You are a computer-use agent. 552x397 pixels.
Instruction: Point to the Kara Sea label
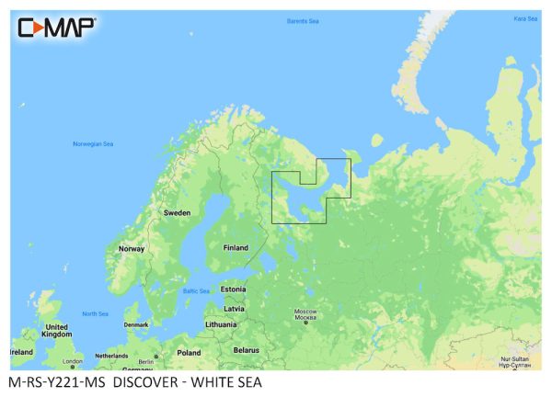(x=525, y=18)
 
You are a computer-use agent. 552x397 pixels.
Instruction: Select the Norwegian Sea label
(x=92, y=144)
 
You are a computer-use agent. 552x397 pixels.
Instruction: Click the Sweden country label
(x=177, y=212)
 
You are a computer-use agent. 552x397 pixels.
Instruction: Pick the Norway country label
(x=132, y=248)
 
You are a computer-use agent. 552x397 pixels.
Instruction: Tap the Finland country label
(x=236, y=247)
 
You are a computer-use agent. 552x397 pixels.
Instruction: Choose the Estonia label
(x=234, y=289)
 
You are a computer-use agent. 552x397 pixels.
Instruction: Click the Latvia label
(x=234, y=308)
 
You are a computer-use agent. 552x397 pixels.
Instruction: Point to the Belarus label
(x=246, y=350)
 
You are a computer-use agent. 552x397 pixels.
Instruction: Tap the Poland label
(x=189, y=352)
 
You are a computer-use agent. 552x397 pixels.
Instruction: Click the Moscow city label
(x=305, y=313)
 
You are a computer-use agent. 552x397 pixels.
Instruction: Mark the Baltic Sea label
(x=195, y=291)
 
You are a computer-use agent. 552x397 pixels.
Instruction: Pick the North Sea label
(x=95, y=313)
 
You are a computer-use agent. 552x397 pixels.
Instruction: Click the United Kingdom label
(x=57, y=332)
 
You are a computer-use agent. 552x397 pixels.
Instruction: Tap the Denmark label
(x=136, y=323)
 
